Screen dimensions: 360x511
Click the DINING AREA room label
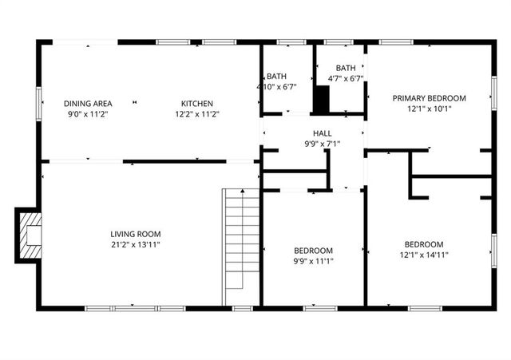pyautogui.click(x=88, y=103)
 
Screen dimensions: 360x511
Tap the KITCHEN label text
pyautogui.click(x=196, y=103)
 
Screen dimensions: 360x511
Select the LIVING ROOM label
pyautogui.click(x=135, y=234)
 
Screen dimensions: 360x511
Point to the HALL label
pyautogui.click(x=322, y=133)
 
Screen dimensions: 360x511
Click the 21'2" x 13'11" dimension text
pyautogui.click(x=135, y=245)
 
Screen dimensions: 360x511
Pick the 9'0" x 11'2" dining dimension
pyautogui.click(x=88, y=114)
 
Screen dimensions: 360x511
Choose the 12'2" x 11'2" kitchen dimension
pyautogui.click(x=196, y=114)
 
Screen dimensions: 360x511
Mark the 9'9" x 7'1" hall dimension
pyautogui.click(x=322, y=144)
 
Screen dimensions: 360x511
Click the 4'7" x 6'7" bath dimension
pyautogui.click(x=346, y=78)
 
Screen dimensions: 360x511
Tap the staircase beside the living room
pyautogui.click(x=241, y=239)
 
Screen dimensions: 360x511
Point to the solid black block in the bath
pyautogui.click(x=322, y=99)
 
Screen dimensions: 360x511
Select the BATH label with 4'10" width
pyautogui.click(x=276, y=76)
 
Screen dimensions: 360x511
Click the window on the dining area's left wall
pyautogui.click(x=39, y=104)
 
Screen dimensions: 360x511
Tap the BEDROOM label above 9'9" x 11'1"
pyautogui.click(x=314, y=250)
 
